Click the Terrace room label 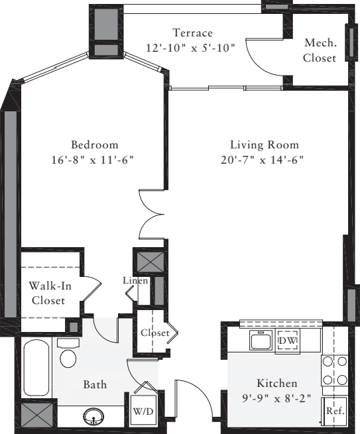point(192,33)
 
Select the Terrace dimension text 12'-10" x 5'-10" point(191,48)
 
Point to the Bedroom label point(95,145)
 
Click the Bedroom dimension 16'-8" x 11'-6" point(94,160)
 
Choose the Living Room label point(265,145)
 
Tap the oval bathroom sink point(93,417)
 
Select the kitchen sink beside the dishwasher point(261,341)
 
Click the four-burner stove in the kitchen point(334,370)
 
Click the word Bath point(95,384)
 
